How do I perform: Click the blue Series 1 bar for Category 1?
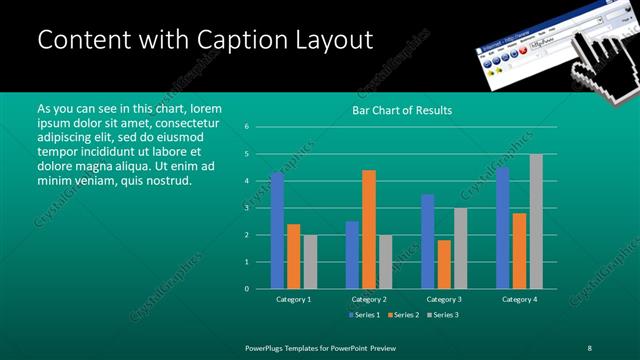277,230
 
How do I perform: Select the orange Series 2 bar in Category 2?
369,229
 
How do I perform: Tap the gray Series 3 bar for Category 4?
536,221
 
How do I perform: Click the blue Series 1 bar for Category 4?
502,227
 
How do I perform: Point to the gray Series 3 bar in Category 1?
310,261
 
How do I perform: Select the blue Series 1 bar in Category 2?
352,254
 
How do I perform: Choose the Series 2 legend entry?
403,314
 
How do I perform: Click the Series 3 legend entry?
443,314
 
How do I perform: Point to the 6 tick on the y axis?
246,127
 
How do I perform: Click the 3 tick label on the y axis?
246,208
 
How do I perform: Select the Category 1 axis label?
293,299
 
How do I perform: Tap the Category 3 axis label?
444,299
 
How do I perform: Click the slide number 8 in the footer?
590,347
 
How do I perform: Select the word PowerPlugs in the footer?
269,347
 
